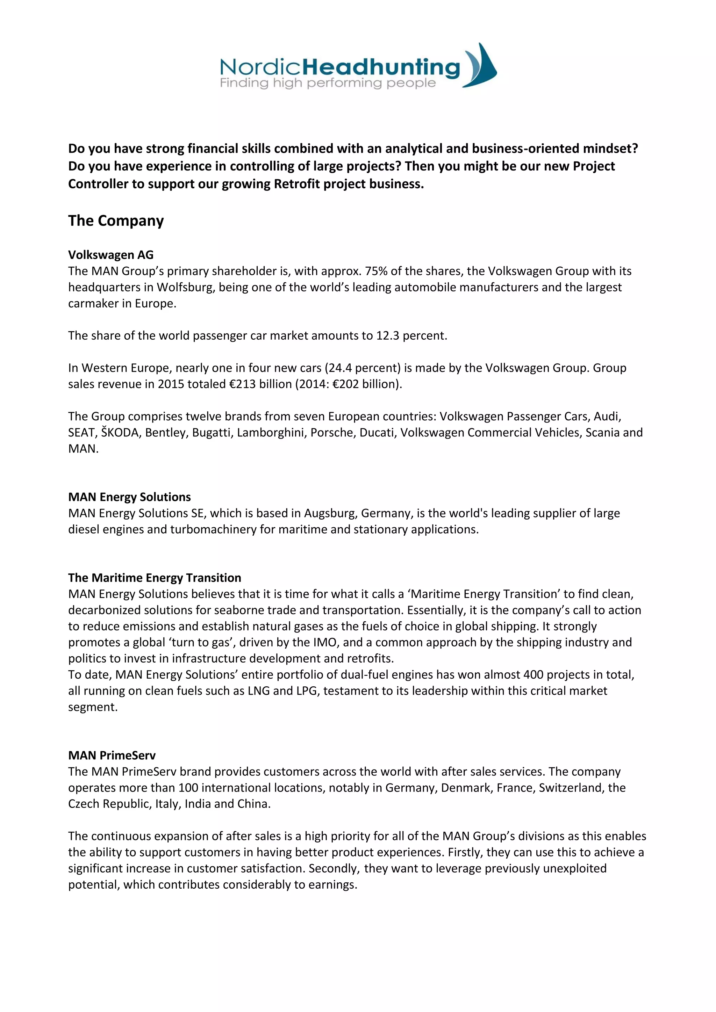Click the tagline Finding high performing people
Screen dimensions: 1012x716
pos(328,83)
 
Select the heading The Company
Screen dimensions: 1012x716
pos(115,221)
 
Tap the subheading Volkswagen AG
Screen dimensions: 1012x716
pos(111,255)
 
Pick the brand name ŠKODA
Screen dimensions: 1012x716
pos(120,433)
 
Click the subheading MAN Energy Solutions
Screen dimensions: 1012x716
pos(129,497)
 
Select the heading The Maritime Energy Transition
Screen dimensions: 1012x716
pos(154,578)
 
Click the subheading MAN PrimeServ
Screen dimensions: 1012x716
pos(112,756)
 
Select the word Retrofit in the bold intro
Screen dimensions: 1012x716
pos(297,184)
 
